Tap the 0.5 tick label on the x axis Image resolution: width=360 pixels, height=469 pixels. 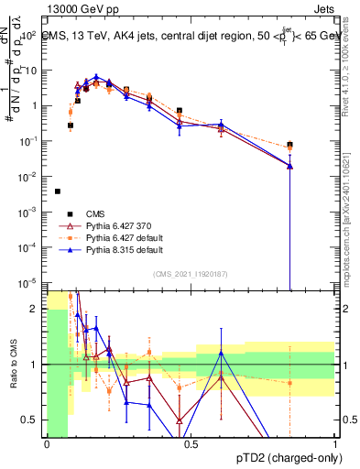pos(191,444)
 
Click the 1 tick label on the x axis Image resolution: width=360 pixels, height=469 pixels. pos(333,444)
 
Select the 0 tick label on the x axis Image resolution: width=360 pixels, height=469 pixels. pos(47,444)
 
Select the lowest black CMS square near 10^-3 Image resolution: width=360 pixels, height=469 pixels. pos(58,191)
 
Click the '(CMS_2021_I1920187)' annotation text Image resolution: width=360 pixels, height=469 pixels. pos(191,274)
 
